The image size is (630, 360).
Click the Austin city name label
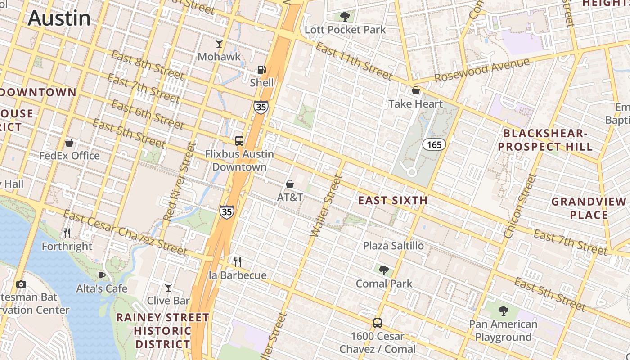tap(59, 18)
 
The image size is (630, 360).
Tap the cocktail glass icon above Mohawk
tap(219, 44)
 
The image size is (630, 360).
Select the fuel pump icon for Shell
tap(261, 70)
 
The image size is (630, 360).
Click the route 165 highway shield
tap(434, 144)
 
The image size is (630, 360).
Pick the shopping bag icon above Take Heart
tap(416, 90)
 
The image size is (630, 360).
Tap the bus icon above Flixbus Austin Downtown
tap(239, 140)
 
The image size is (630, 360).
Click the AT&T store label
tap(290, 197)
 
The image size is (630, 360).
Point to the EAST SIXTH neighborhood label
tap(393, 201)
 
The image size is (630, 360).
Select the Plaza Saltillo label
tap(393, 246)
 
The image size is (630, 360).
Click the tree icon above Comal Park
tap(384, 270)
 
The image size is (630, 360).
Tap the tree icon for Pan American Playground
tap(503, 310)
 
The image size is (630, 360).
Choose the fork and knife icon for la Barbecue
tap(238, 261)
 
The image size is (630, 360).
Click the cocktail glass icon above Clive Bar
tap(168, 287)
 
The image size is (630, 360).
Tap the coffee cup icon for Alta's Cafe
tap(102, 275)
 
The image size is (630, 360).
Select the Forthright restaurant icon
tap(67, 233)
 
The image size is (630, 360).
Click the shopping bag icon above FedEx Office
tap(69, 143)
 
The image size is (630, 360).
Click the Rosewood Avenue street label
tap(481, 70)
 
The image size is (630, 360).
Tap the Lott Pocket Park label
tap(345, 30)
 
